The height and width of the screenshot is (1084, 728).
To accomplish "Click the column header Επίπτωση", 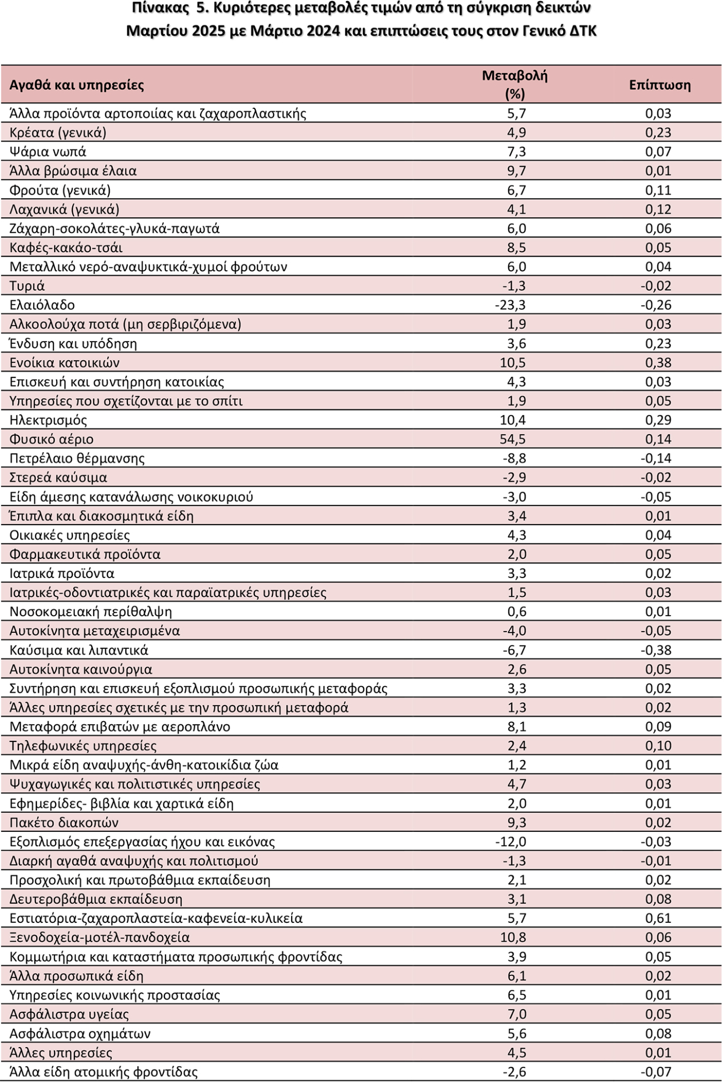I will pyautogui.click(x=659, y=85).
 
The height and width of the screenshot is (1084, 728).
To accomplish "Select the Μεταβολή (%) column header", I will pyautogui.click(x=514, y=85).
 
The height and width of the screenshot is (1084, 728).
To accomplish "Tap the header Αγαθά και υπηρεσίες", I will pyautogui.click(x=77, y=85).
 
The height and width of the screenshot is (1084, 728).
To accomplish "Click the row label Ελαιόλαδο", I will pyautogui.click(x=42, y=305).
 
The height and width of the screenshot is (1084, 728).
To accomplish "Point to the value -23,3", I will pyautogui.click(x=511, y=305).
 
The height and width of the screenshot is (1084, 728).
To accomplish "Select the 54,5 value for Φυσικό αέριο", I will pyautogui.click(x=513, y=439).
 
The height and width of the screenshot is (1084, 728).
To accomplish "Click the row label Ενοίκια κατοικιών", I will pyautogui.click(x=65, y=363).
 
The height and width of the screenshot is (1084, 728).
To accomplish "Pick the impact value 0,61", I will pyautogui.click(x=658, y=919).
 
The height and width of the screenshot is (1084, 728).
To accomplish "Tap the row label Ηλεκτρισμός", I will pyautogui.click(x=48, y=420).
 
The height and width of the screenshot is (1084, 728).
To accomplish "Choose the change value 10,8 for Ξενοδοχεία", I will pyautogui.click(x=513, y=938).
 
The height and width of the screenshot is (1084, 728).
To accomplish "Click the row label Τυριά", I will pyautogui.click(x=27, y=286).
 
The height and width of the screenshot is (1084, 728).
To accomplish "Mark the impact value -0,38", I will pyautogui.click(x=656, y=650).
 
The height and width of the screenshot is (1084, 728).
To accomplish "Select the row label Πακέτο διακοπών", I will pyautogui.click(x=64, y=823).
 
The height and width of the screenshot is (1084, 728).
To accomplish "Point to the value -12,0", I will pyautogui.click(x=511, y=842).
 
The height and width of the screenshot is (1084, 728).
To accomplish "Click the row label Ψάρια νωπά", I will pyautogui.click(x=48, y=152).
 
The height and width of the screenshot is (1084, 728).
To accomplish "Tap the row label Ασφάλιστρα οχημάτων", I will pyautogui.click(x=80, y=1034).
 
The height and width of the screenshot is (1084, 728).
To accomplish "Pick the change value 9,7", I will pyautogui.click(x=517, y=171).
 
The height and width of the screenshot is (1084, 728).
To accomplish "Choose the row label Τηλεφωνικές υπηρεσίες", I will pyautogui.click(x=83, y=746).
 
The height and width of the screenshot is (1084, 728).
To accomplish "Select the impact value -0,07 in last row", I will pyautogui.click(x=656, y=1072).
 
